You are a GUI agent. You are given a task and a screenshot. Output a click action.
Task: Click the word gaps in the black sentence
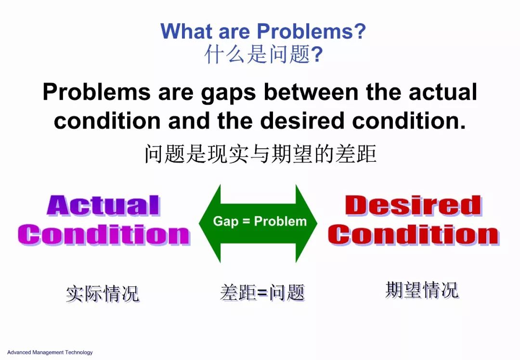(229, 92)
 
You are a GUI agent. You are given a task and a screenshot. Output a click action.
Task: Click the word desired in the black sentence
(302, 120)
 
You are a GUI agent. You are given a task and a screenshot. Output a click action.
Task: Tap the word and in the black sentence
(189, 120)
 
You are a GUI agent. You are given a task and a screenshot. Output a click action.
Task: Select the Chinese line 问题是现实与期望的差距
(260, 154)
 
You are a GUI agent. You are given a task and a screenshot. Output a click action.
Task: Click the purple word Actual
(104, 206)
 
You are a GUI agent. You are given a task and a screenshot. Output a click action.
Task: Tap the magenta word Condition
(104, 235)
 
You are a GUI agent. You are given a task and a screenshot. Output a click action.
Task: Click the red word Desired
(413, 206)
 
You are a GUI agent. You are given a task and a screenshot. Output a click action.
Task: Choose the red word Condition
(414, 235)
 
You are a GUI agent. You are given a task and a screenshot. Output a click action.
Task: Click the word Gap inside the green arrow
(225, 221)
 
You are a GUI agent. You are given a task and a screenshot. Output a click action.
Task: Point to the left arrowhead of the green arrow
(209, 223)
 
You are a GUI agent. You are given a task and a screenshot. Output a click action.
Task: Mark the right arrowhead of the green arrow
(306, 223)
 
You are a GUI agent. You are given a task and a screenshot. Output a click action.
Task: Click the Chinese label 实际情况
(103, 294)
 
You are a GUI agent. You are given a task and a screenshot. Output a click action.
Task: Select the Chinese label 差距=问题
(262, 292)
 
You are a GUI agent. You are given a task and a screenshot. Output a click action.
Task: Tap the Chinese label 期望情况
(422, 290)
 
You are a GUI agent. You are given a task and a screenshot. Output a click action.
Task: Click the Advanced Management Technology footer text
(50, 352)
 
